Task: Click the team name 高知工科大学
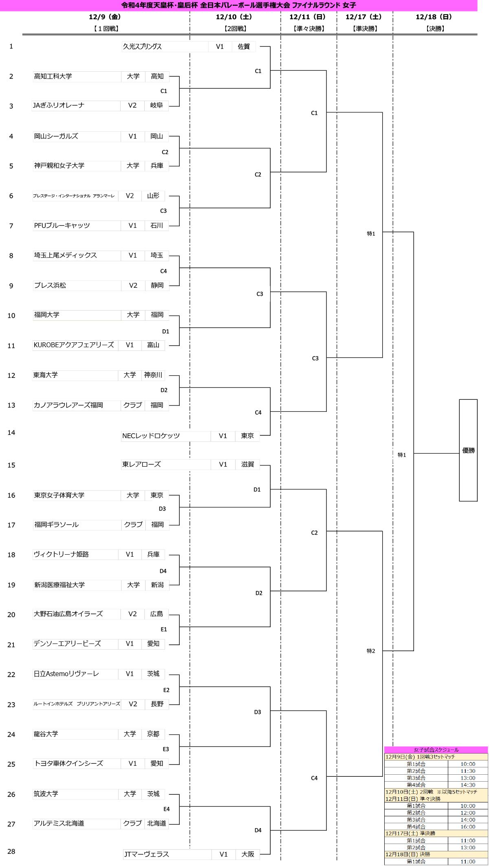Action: pos(77,77)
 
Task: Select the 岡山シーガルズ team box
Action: pos(77,137)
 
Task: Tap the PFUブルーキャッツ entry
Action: pos(77,226)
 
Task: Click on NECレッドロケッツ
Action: pos(166,436)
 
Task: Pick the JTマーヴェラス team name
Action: pos(167,854)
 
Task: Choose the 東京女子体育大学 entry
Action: pos(77,496)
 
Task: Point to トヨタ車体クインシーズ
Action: pos(77,764)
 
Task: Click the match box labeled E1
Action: pos(164,629)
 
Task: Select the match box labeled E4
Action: pos(167,809)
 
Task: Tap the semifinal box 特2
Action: pos(371,651)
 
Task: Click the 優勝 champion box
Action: pos(468,450)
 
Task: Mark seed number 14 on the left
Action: pos(11,433)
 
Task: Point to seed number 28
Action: pos(11,852)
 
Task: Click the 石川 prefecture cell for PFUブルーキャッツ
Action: pos(157,226)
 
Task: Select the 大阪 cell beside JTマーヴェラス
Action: pos(248,854)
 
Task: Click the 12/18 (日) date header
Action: pos(434,17)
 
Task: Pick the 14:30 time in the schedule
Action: pos(468,784)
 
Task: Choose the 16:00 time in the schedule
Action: pos(468,826)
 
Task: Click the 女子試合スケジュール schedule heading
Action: pos(436,749)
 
